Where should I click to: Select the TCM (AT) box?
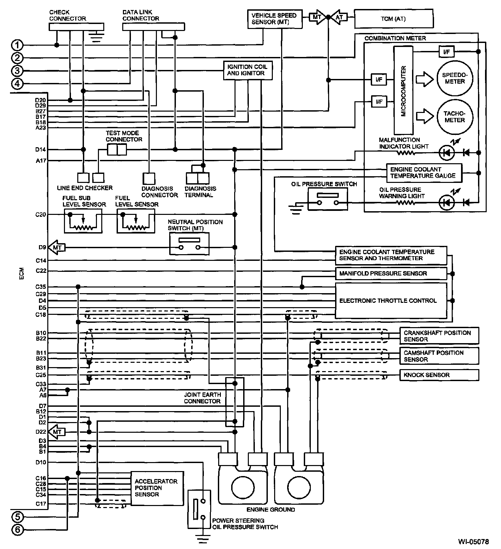(394, 19)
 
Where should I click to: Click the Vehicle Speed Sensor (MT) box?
(275, 19)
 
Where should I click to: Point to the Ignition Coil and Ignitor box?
(248, 70)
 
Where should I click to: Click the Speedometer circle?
(455, 78)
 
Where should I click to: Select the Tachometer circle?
(455, 117)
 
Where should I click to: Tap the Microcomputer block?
(403, 90)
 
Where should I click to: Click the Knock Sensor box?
(439, 375)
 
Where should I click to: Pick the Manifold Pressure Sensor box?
(391, 274)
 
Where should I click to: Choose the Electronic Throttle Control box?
(391, 300)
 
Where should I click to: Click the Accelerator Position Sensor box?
(157, 488)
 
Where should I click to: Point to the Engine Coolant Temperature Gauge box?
(424, 173)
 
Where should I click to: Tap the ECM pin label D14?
(41, 150)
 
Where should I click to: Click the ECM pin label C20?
(41, 215)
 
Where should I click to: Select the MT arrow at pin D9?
(57, 248)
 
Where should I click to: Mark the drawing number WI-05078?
(473, 541)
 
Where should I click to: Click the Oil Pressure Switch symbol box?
(328, 199)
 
